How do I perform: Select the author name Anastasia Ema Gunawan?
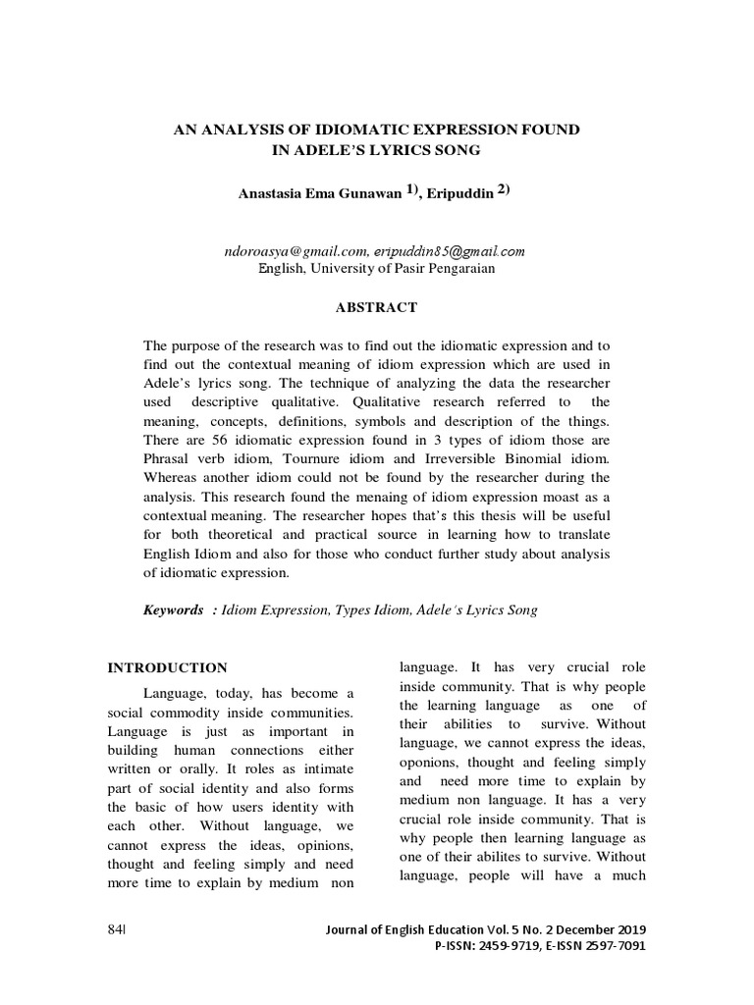(320, 193)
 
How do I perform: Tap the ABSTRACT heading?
(377, 307)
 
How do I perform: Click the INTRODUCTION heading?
(167, 667)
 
